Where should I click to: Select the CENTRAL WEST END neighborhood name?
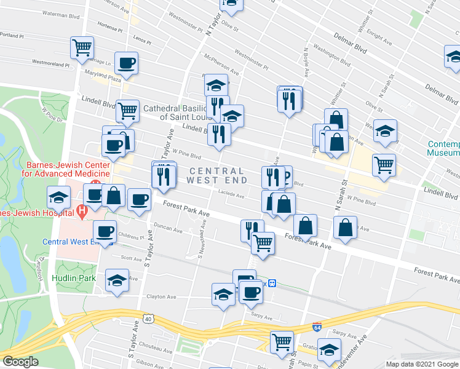(218, 175)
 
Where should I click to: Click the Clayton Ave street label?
(161, 296)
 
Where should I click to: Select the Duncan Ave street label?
(169, 231)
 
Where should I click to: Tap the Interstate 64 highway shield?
(317, 328)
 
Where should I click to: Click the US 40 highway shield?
(148, 318)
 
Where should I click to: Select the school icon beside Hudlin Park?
(117, 280)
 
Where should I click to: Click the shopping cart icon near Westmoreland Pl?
(82, 47)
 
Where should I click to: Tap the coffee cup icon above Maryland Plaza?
(126, 63)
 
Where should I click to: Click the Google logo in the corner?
(20, 362)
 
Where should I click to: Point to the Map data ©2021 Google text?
(422, 364)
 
